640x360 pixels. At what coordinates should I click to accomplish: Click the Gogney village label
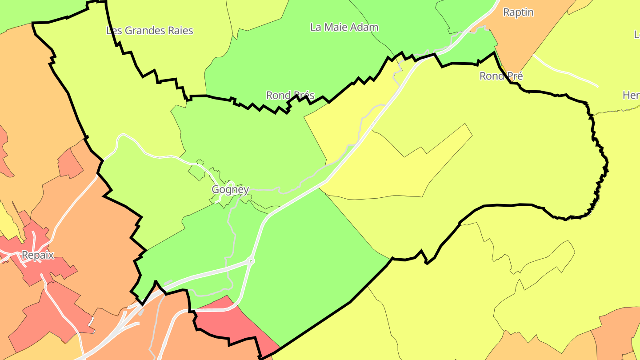230,190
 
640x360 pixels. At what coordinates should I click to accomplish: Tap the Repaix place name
38,256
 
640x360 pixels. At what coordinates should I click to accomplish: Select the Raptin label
518,12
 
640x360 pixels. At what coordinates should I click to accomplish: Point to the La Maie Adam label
344,27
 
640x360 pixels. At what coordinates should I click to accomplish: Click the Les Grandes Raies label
150,31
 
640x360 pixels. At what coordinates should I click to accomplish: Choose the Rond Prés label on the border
290,95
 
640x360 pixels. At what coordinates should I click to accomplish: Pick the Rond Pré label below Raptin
501,76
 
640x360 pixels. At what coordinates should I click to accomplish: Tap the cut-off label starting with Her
631,95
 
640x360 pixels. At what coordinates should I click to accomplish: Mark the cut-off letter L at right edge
636,35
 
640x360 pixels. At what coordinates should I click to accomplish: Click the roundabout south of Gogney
251,261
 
